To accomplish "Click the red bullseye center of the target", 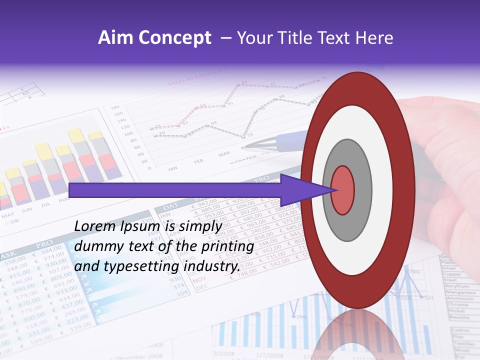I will pos(342,190).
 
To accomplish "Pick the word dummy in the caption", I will pos(95,246).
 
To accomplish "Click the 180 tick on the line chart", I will pos(114,107).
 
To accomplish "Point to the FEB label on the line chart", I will pos(198,161).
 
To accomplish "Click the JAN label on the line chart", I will pos(172,168).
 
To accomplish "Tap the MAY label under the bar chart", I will pos(7,216).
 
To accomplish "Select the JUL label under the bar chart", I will pos(46,204).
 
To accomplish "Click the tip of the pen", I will pos(244,147).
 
